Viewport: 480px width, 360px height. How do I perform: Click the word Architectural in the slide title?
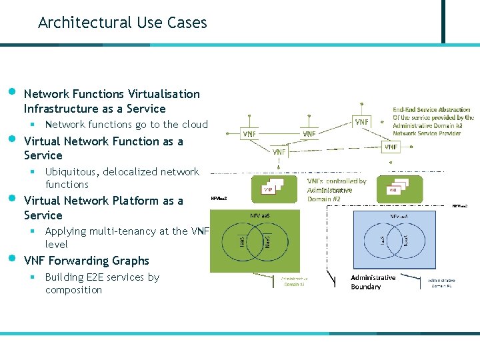pos(75,23)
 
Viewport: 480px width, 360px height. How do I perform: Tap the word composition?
pos(73,290)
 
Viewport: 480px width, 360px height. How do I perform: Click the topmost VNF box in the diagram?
pos(361,122)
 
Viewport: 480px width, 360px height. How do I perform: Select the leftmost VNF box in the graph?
pos(249,133)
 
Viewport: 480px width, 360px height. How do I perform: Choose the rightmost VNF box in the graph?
pos(391,146)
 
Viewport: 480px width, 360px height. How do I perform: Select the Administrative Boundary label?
pos(373,282)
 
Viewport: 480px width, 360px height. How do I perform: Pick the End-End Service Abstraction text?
pos(431,109)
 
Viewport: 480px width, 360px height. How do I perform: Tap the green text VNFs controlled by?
pos(337,181)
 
